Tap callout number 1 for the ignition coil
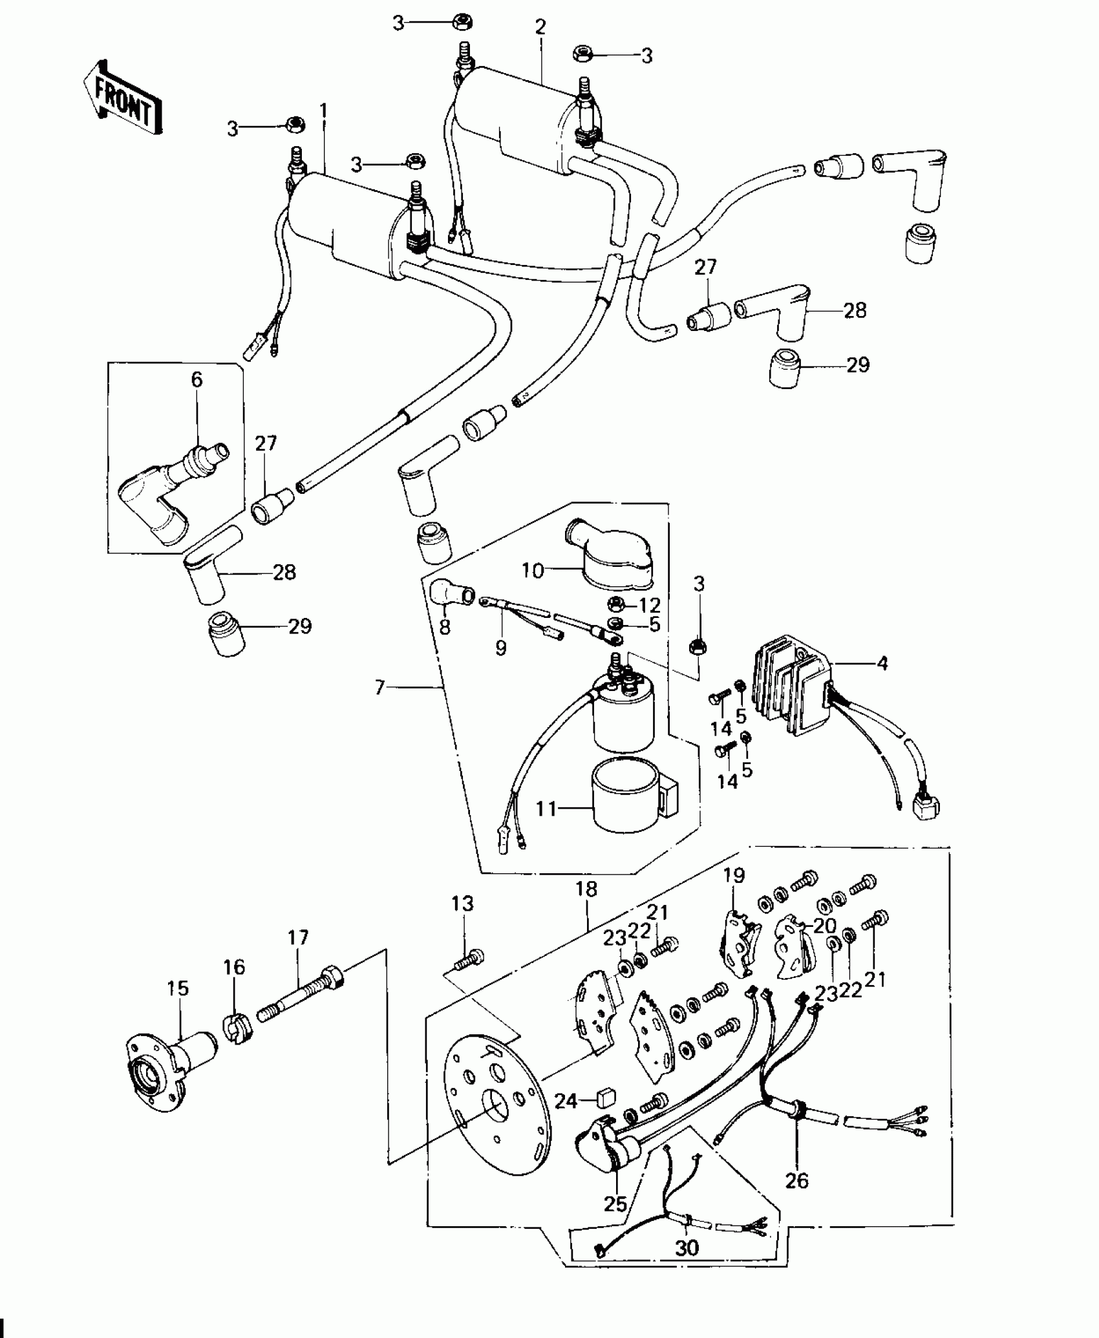click(323, 111)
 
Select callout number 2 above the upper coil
click(540, 27)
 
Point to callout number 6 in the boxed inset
click(197, 379)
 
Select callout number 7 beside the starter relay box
click(380, 687)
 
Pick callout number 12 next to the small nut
click(650, 605)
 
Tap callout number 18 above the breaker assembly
click(586, 889)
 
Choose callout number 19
click(734, 876)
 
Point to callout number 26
click(796, 1180)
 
